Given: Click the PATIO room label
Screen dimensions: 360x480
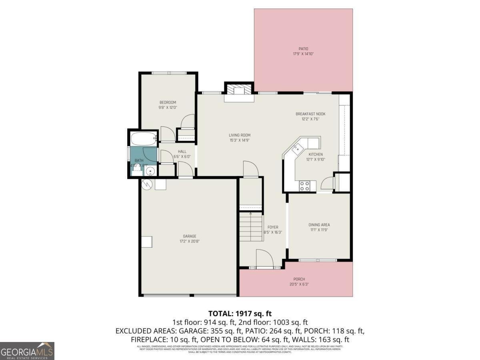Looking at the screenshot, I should (303, 49).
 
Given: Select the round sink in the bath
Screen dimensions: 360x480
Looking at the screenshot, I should (150, 172).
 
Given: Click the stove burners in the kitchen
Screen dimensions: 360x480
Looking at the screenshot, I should (305, 186).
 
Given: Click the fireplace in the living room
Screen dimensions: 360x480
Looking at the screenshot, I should (238, 91).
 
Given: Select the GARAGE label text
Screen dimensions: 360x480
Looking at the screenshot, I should (190, 236).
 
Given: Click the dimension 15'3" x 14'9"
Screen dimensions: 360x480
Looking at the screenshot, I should (240, 140).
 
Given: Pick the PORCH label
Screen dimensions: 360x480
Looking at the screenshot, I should (299, 279).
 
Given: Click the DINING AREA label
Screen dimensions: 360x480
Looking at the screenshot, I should (319, 225).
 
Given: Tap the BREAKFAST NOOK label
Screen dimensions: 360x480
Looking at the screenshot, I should (310, 114).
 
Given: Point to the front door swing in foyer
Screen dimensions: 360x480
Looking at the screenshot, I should (264, 258).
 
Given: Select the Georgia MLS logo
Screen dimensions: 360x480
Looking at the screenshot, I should (27, 351).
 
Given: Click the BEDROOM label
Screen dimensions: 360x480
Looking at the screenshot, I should (168, 102).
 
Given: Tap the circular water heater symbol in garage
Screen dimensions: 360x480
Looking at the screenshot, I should (146, 184).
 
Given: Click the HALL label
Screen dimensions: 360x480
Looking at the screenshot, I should (182, 152).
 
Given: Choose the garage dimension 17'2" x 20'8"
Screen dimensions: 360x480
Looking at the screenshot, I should (190, 242).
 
